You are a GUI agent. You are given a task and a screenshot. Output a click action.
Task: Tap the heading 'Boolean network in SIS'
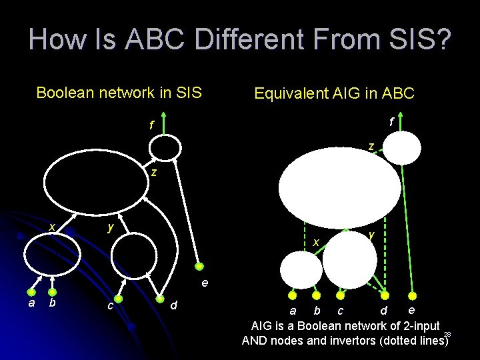pyautogui.click(x=119, y=93)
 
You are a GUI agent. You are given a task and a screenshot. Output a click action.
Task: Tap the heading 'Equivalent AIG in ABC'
pyautogui.click(x=334, y=93)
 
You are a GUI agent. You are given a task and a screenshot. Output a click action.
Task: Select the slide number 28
pyautogui.click(x=447, y=334)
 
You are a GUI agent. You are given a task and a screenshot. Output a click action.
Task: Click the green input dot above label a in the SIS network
pyautogui.click(x=31, y=291)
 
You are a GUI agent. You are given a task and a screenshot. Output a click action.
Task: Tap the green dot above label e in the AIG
pyautogui.click(x=412, y=295)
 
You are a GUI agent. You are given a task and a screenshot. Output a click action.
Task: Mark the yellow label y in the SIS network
pyautogui.click(x=111, y=227)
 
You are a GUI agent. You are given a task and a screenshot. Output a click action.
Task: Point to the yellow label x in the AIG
pyautogui.click(x=317, y=241)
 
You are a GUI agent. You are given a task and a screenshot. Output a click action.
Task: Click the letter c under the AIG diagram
pyautogui.click(x=340, y=311)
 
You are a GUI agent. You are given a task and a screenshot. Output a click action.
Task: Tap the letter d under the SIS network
pyautogui.click(x=173, y=305)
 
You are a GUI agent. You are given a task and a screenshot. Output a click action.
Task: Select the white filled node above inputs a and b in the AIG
pyautogui.click(x=301, y=270)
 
